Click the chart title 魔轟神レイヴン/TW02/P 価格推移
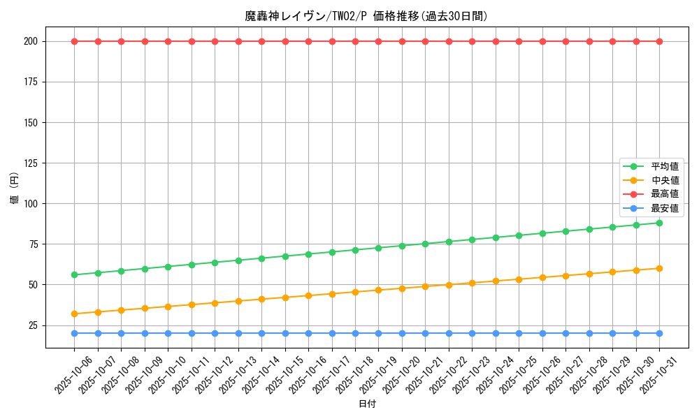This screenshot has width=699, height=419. coord(366,16)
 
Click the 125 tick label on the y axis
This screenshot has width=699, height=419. coord(32,163)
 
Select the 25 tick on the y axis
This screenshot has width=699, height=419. coord(35,325)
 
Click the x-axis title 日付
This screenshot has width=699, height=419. coord(367,404)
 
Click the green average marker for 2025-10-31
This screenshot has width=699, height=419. coord(659,223)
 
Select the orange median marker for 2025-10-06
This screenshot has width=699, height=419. coord(74,314)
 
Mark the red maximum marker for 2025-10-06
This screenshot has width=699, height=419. coord(74,41)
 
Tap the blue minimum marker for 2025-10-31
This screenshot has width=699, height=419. coord(659,333)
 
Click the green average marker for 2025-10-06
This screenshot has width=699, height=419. coord(74,274)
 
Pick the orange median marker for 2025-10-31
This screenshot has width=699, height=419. coord(659,268)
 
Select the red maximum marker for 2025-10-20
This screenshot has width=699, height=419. coord(402,41)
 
